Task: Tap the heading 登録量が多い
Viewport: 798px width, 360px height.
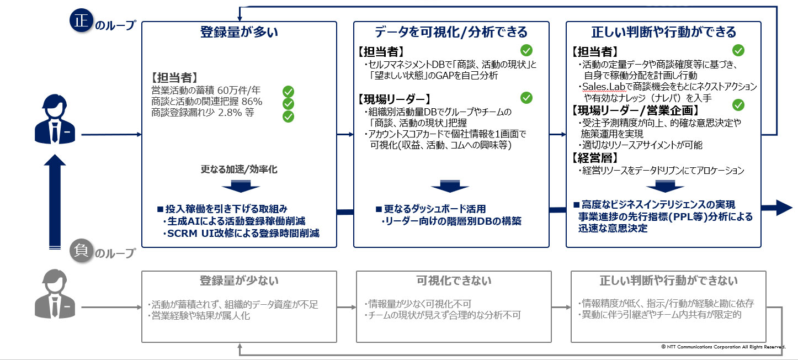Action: point(238,32)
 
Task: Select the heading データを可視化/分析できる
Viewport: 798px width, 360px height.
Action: point(451,32)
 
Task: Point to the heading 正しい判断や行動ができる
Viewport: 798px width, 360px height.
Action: point(663,32)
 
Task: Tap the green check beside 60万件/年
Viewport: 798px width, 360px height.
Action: point(288,91)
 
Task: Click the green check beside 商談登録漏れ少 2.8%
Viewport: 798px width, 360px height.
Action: point(288,116)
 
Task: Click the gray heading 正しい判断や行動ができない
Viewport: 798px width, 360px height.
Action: point(668,281)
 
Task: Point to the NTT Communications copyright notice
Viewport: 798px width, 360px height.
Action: point(722,346)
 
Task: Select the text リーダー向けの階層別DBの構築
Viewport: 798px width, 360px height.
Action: point(451,221)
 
